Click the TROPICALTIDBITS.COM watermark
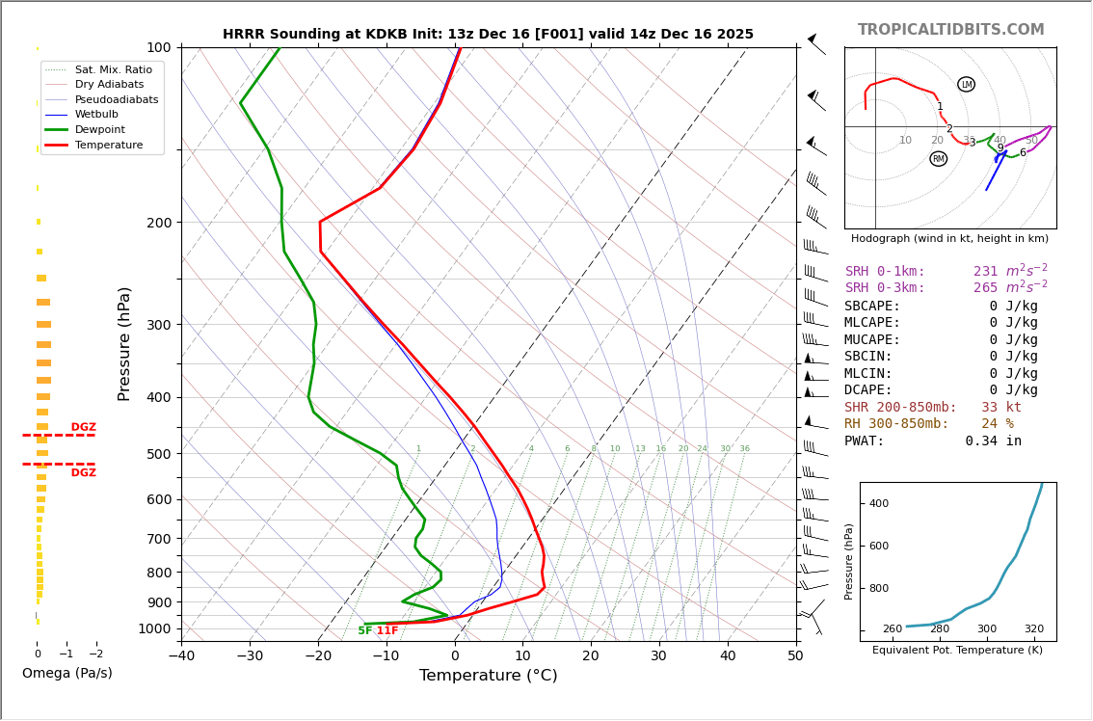point(950,30)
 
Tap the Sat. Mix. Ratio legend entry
point(113,69)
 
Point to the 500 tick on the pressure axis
point(158,454)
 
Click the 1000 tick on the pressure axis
point(154,628)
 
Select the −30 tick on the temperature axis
point(250,656)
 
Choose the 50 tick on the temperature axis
point(795,656)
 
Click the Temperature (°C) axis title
point(488,676)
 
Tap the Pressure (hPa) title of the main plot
point(124,343)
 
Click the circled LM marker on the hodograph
point(966,85)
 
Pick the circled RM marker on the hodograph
point(938,159)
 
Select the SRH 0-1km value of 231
point(985,272)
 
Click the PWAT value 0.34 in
point(993,441)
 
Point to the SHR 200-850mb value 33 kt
point(1000,408)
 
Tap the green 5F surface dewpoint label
point(364,631)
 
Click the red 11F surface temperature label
point(387,631)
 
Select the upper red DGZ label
point(83,428)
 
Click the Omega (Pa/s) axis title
point(67,673)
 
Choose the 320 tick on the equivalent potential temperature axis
point(1033,629)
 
